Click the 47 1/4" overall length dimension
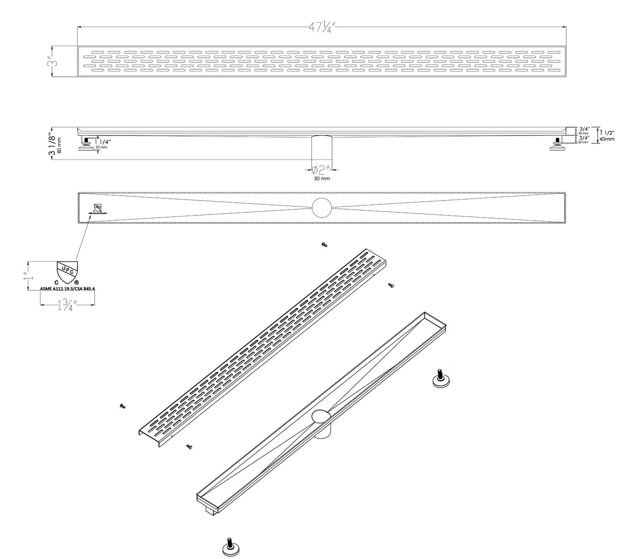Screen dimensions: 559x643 click(x=321, y=29)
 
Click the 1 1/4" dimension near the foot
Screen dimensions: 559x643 click(x=102, y=142)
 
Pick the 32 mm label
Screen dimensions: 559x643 click(x=101, y=148)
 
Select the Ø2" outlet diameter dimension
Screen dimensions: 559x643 click(x=321, y=169)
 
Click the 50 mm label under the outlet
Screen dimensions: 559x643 click(x=321, y=179)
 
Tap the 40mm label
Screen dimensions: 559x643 click(x=607, y=139)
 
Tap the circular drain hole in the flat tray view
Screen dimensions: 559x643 click(x=321, y=208)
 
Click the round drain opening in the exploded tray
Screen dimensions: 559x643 click(x=320, y=417)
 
